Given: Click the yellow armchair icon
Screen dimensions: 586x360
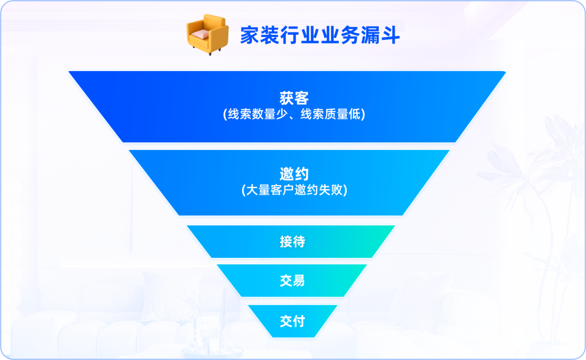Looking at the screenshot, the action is [207, 34].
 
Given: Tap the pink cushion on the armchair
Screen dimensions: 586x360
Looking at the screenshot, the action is [200, 34].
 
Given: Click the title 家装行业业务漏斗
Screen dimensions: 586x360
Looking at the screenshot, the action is [320, 35].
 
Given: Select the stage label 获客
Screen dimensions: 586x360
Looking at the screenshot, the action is [294, 98].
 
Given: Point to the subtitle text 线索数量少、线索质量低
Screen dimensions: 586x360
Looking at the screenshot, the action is [294, 114].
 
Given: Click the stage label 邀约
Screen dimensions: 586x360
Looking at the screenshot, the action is [294, 174].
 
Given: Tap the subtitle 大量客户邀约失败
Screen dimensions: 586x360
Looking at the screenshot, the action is [294, 190].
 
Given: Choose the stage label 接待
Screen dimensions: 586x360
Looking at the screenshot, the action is [292, 242].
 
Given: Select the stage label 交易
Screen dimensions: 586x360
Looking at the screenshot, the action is [292, 280].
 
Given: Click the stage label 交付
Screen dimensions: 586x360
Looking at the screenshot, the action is [292, 321].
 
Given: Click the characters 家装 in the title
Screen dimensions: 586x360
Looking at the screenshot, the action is [260, 35].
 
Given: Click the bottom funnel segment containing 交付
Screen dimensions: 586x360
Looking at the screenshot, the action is [292, 321].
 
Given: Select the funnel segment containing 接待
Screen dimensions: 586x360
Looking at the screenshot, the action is [291, 242].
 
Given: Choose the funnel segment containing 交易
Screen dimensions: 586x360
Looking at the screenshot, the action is [292, 280].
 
